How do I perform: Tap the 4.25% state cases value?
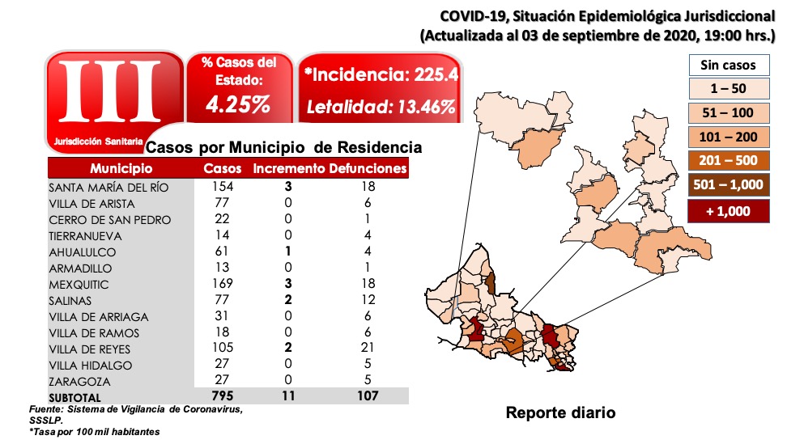[x=238, y=104]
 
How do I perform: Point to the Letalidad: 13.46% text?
[x=381, y=107]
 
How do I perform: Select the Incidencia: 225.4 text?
[x=381, y=75]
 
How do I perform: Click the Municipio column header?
[x=121, y=168]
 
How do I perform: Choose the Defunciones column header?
[x=368, y=168]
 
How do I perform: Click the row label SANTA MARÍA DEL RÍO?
[x=108, y=187]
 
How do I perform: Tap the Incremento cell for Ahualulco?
[x=287, y=252]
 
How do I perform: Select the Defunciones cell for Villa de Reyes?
[x=368, y=349]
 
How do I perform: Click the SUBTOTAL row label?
[x=75, y=397]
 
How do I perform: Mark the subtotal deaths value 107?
[x=368, y=397]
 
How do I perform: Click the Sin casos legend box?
[x=728, y=65]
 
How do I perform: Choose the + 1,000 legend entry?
[x=728, y=211]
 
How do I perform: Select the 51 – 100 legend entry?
[x=728, y=113]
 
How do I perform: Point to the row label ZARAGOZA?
[x=80, y=381]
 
